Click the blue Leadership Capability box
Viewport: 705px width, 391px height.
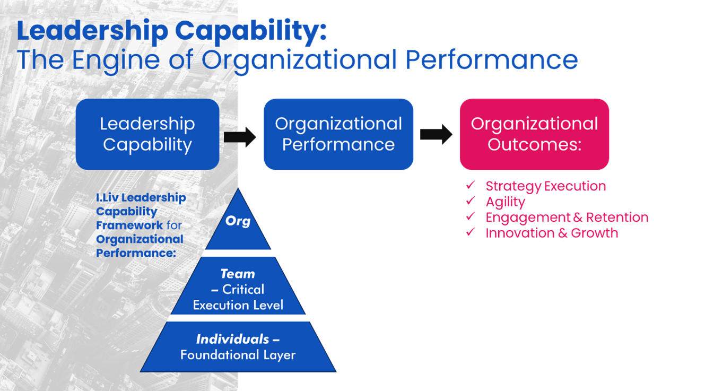click(147, 134)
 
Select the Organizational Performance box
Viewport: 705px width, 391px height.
click(338, 134)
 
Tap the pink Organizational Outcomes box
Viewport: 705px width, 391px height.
click(534, 134)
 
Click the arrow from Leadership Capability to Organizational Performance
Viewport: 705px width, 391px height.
click(240, 137)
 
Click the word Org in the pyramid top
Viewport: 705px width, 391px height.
click(238, 221)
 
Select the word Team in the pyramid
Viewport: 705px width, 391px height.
click(238, 274)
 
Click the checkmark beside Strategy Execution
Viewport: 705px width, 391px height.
click(470, 186)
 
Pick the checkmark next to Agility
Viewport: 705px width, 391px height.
click(470, 201)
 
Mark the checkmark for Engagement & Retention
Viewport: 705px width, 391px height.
click(470, 216)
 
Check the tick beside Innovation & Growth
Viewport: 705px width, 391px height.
click(470, 232)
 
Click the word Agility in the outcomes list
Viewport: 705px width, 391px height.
click(505, 202)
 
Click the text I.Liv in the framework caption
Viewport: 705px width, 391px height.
click(107, 198)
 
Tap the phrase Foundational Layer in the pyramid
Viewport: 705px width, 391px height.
click(238, 355)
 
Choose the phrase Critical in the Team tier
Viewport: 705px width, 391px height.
click(243, 290)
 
